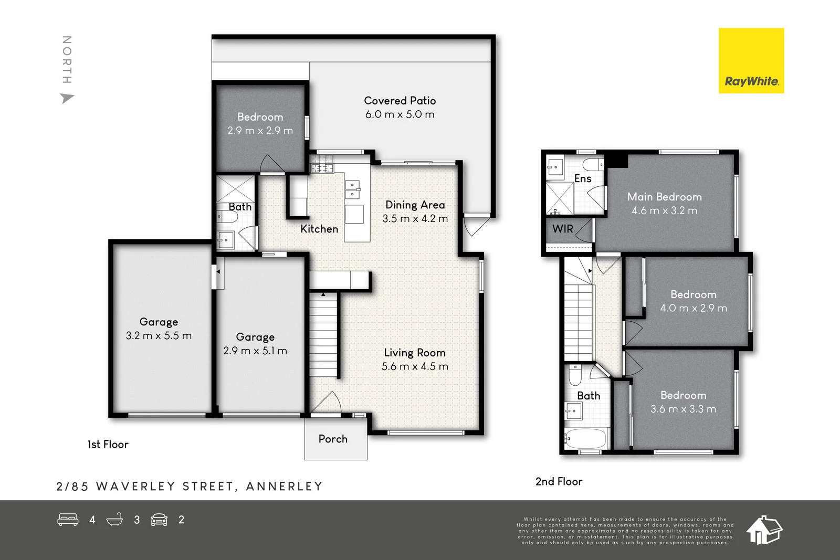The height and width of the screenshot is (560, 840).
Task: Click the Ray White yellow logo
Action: pos(751,61)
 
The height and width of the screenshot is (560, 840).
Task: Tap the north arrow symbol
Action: pos(67,98)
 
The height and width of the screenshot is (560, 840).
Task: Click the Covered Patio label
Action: pos(400,101)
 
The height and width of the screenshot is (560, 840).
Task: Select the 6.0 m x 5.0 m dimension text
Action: pos(400,114)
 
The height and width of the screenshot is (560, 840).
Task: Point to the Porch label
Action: pos(333,439)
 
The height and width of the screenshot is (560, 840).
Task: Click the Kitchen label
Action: pos(319,229)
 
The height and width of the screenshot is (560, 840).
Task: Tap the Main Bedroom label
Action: pos(664,197)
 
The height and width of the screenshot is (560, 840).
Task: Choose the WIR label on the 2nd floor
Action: pos(562,229)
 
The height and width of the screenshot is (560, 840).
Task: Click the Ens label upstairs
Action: pos(582,178)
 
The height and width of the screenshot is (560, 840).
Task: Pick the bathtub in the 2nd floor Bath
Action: pos(586,439)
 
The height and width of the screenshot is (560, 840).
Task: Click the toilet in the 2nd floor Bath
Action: pos(575,375)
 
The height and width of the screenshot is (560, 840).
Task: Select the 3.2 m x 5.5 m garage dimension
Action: pos(159,336)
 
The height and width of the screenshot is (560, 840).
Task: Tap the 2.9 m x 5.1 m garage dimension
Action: pos(255,351)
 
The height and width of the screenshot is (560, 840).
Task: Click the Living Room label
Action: pos(414,353)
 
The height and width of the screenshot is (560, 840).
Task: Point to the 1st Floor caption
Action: pos(108,445)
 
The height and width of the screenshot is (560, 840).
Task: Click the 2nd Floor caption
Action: pos(559,482)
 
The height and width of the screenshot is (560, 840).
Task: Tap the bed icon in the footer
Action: pos(68,520)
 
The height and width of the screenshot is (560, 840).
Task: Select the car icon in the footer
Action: pos(159,520)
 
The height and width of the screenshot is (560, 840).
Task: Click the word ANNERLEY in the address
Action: pos(284,487)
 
